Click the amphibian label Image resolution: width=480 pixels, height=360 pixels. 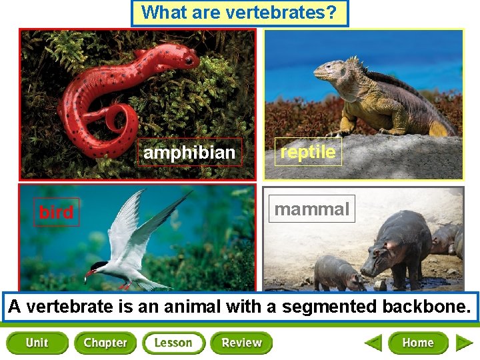click(189, 153)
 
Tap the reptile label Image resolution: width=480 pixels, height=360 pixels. click(308, 152)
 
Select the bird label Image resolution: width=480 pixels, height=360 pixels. click(56, 213)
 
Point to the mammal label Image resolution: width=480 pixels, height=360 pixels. click(312, 209)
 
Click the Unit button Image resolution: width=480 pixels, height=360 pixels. click(37, 343)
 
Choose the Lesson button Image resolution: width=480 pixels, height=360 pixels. click(173, 343)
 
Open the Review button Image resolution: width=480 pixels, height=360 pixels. click(241, 343)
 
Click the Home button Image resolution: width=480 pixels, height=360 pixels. click(418, 343)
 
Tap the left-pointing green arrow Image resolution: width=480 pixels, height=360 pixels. click(373, 343)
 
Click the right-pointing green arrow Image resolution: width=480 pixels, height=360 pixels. click(464, 343)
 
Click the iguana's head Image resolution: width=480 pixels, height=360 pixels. click(327, 69)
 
